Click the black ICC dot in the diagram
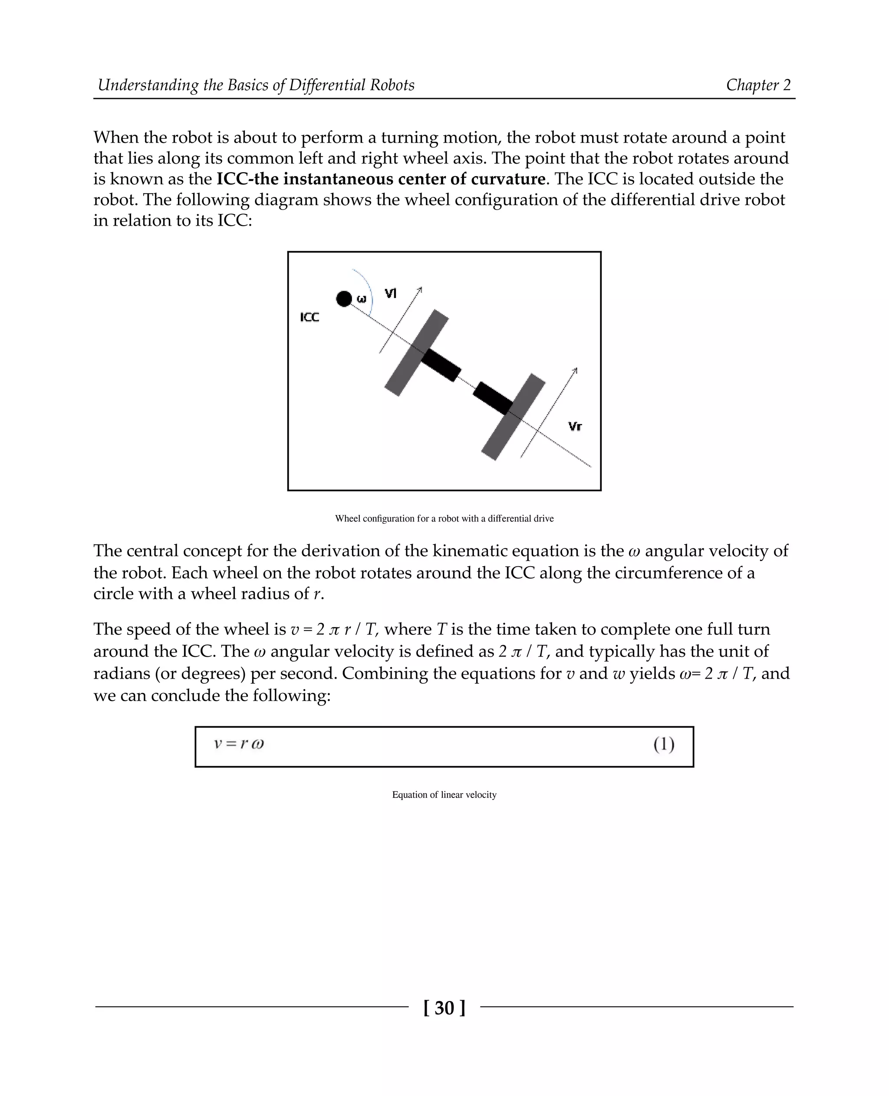tap(344, 299)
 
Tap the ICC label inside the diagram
tap(310, 317)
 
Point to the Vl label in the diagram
tap(391, 293)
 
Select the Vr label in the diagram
tap(575, 427)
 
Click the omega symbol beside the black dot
tap(362, 299)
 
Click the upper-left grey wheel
tap(416, 353)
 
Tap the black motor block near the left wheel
tap(441, 365)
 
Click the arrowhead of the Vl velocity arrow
tap(421, 290)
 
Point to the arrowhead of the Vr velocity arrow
tap(576, 370)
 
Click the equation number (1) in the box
tap(664, 745)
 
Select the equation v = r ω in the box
tap(239, 744)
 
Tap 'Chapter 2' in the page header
tap(758, 85)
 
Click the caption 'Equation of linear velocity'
tap(444, 794)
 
